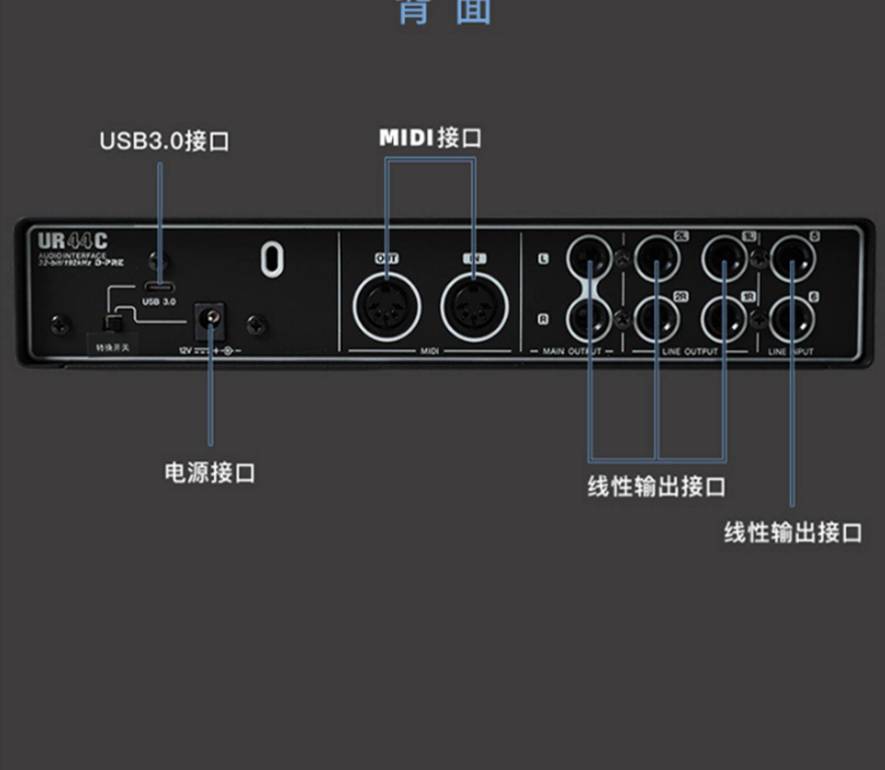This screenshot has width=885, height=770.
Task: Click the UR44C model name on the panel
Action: coord(73,241)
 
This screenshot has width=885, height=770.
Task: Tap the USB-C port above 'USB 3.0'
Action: coord(160,287)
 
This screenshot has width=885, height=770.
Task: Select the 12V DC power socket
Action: coord(210,320)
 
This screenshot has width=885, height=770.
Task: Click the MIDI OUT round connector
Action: coord(387,306)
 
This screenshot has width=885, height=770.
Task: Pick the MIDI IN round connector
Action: coord(474,306)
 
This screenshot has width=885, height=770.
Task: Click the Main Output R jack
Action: coord(589,319)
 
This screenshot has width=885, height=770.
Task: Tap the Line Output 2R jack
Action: coord(657,319)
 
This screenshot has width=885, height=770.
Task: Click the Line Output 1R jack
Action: coord(724,319)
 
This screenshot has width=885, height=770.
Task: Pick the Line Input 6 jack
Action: coord(792,319)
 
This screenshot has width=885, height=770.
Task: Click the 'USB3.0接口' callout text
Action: coord(164,141)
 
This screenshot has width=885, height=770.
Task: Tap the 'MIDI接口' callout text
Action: coord(430,138)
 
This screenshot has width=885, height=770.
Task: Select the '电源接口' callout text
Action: coord(210,473)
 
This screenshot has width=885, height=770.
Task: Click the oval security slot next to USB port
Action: coord(272,259)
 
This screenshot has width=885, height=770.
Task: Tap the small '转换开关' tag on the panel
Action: coord(113,348)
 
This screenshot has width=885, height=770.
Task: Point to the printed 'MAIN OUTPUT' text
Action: coord(572,351)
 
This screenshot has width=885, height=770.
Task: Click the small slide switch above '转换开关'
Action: coord(113,323)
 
